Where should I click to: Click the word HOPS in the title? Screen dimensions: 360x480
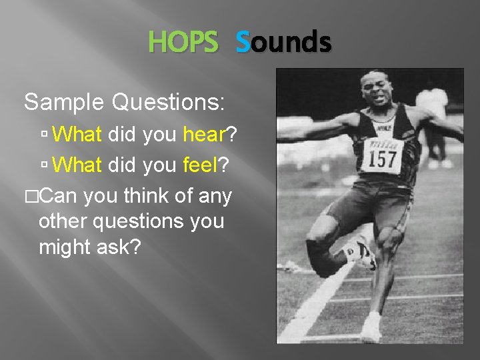click(183, 43)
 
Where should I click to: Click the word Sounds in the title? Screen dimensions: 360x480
click(283, 43)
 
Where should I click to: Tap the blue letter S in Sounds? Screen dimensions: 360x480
click(243, 43)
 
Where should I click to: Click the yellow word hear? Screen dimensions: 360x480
click(204, 135)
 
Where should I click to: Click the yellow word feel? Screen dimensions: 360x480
click(200, 164)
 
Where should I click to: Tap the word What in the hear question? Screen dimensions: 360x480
click(77, 135)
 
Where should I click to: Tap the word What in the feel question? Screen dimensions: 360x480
click(77, 164)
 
